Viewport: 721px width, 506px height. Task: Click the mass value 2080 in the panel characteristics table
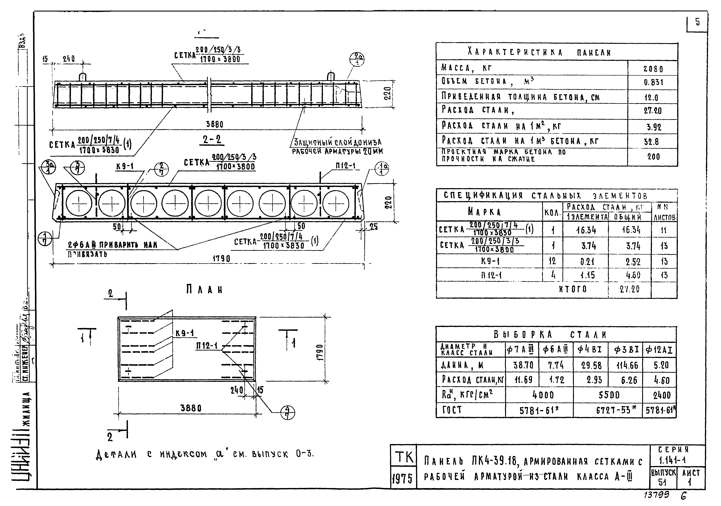653,68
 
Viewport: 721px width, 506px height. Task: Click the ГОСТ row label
452,410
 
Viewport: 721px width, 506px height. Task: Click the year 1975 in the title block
403,479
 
